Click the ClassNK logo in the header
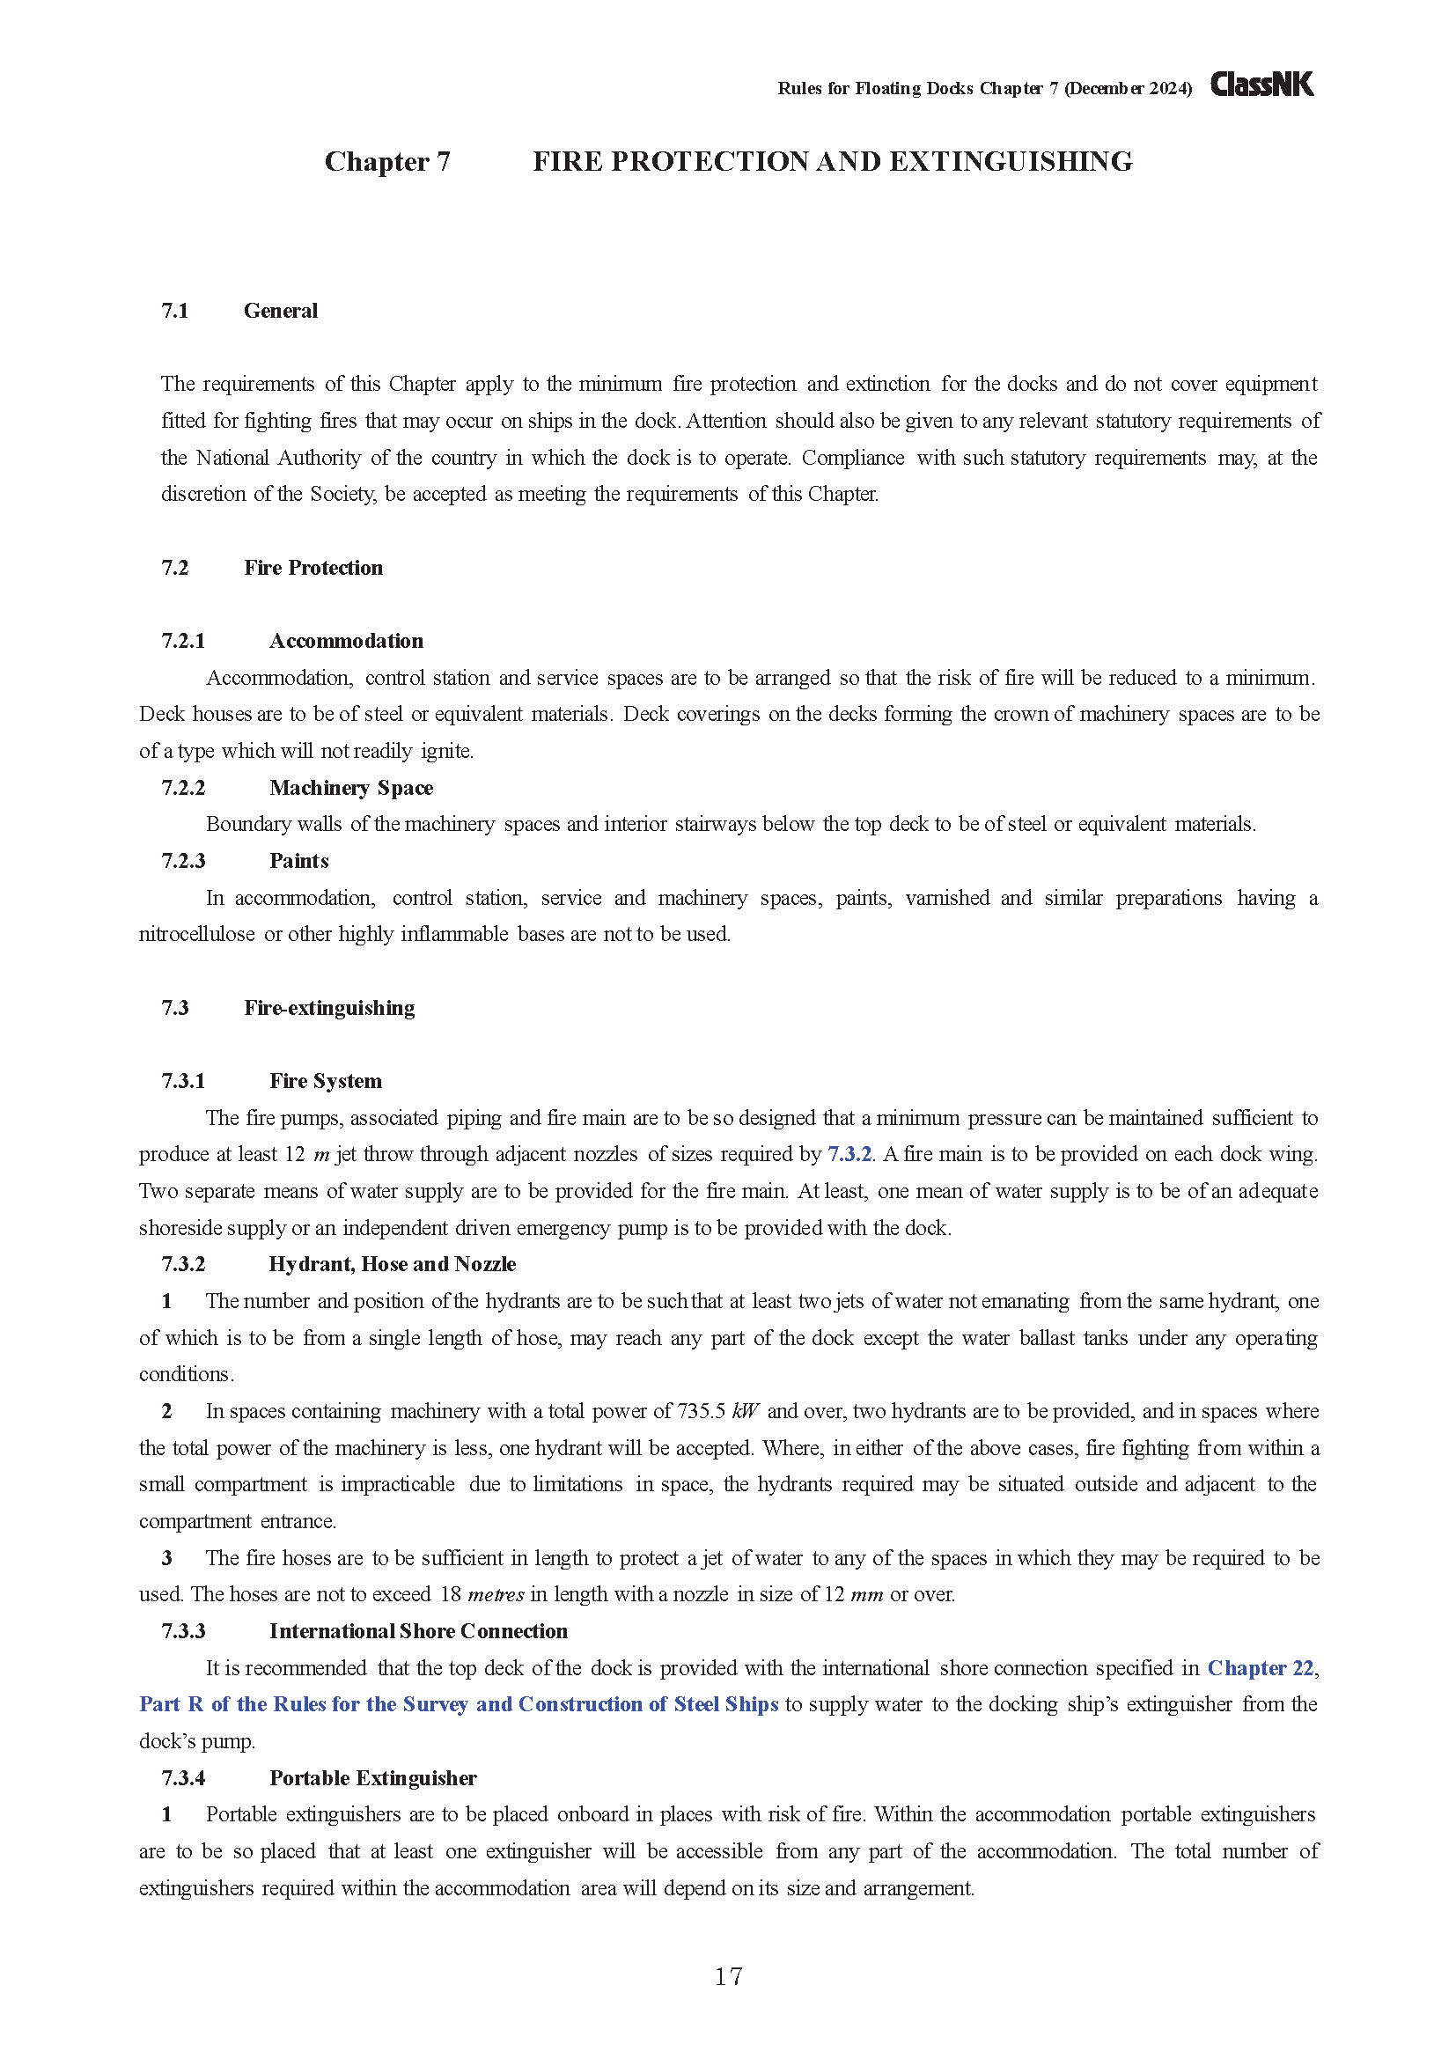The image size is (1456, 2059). pyautogui.click(x=1261, y=85)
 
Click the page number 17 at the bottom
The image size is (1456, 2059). pyautogui.click(x=728, y=1975)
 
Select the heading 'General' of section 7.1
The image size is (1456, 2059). pyautogui.click(x=281, y=311)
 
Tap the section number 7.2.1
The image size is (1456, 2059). pyautogui.click(x=183, y=641)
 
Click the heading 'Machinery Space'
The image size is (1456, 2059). pyautogui.click(x=350, y=788)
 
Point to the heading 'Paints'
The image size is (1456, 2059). pyautogui.click(x=298, y=861)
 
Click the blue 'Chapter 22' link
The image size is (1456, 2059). pyautogui.click(x=1261, y=1668)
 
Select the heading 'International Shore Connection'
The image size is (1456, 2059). pyautogui.click(x=418, y=1631)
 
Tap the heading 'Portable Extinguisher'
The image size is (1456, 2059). pyautogui.click(x=373, y=1778)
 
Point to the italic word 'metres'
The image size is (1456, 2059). pyautogui.click(x=496, y=1594)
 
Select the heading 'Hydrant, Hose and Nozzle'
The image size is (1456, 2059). pyautogui.click(x=392, y=1264)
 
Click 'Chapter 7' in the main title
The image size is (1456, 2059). pyautogui.click(x=387, y=161)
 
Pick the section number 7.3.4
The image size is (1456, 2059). pyautogui.click(x=183, y=1778)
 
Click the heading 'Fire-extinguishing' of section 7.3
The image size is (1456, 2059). pyautogui.click(x=329, y=1008)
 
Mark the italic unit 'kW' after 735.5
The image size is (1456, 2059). pyautogui.click(x=745, y=1411)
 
